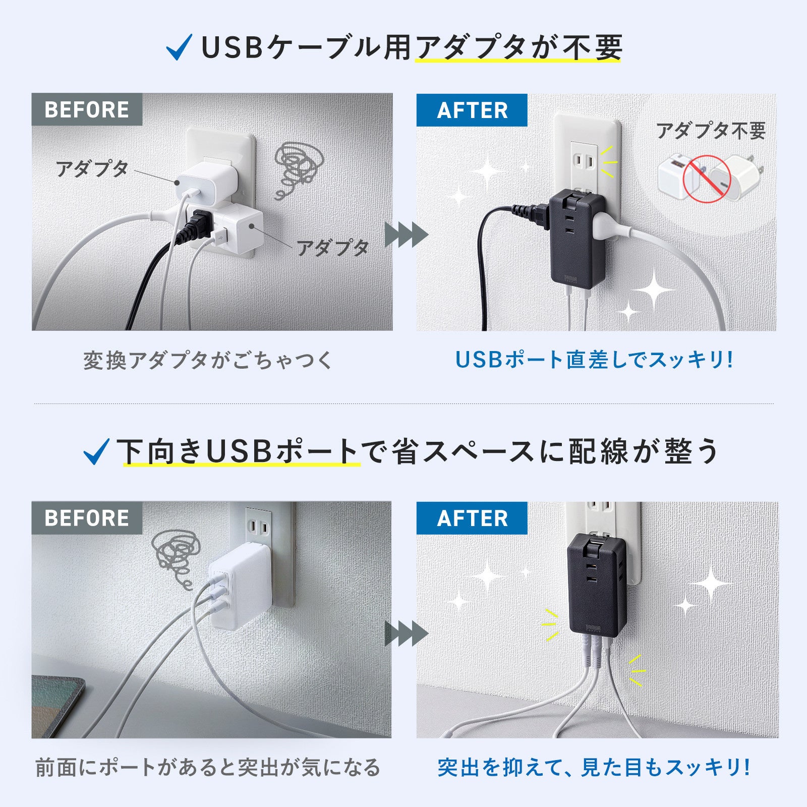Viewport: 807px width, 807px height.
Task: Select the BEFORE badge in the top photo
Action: click(x=87, y=109)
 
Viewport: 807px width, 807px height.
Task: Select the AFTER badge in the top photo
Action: click(x=472, y=110)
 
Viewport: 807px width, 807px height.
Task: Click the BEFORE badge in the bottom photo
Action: click(x=87, y=518)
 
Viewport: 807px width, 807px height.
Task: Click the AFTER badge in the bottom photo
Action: click(x=472, y=518)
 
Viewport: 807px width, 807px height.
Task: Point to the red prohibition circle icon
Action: click(x=706, y=179)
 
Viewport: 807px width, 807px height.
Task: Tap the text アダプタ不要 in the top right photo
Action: click(x=710, y=131)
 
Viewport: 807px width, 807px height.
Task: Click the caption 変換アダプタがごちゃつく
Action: click(x=208, y=360)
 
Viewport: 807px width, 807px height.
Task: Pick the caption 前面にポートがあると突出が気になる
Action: click(x=208, y=767)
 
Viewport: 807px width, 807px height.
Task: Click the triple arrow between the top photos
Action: click(x=406, y=235)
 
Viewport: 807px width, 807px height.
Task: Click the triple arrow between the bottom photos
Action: click(x=406, y=633)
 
